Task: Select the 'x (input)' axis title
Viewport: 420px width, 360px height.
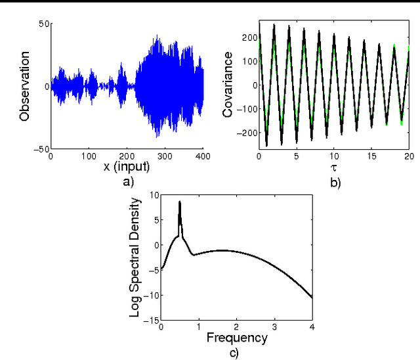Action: (x=127, y=167)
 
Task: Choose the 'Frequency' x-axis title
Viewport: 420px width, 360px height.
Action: (x=237, y=339)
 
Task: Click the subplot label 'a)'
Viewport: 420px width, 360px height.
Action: (x=127, y=181)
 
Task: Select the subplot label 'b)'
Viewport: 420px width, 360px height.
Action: (x=335, y=183)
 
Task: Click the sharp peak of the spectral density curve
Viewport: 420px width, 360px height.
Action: (x=180, y=202)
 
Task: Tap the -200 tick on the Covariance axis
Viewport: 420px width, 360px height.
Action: (x=246, y=133)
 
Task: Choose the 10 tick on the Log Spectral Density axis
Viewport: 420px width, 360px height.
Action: (x=153, y=194)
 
